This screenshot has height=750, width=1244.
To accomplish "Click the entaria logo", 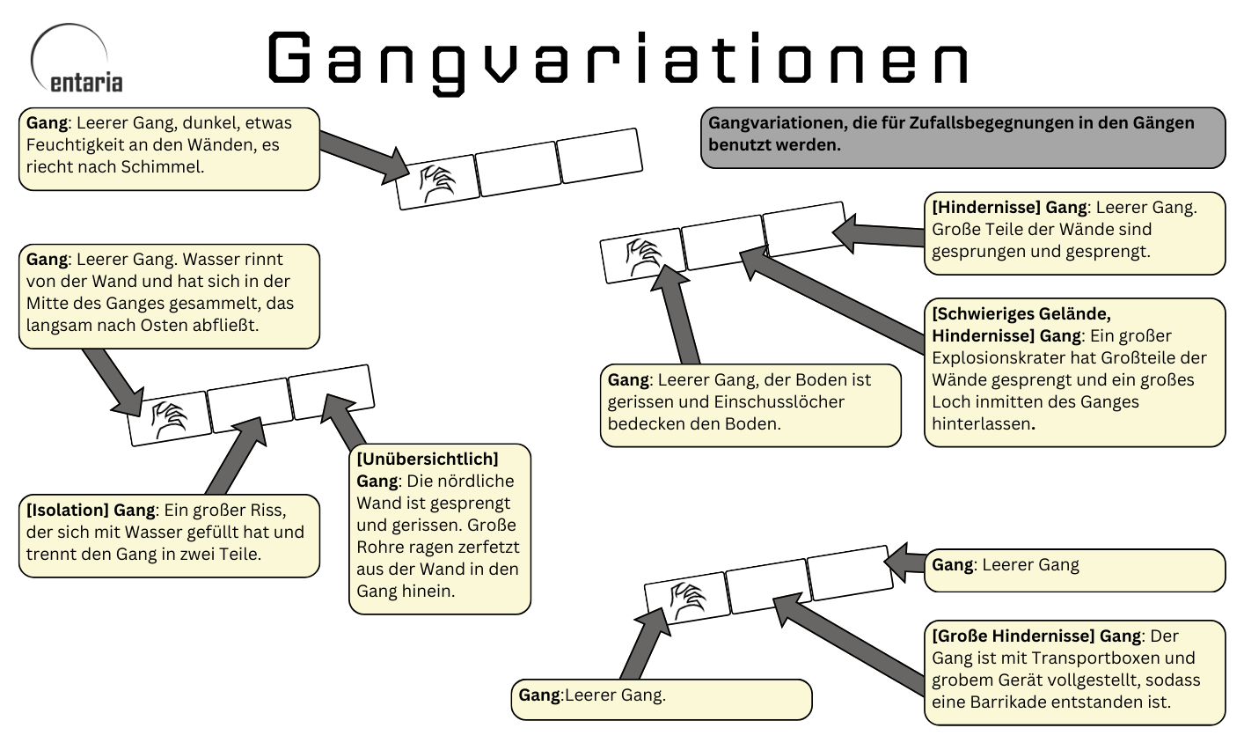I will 77,62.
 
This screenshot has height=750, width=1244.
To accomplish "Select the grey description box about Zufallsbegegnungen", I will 962,137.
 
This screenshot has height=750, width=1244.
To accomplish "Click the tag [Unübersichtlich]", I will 428,459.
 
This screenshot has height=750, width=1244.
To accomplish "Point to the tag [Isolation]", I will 67,510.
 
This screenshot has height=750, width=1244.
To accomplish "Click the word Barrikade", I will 995,702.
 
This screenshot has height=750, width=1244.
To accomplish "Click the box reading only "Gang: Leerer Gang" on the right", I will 1074,570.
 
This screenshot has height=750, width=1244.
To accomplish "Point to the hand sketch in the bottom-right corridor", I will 686,600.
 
